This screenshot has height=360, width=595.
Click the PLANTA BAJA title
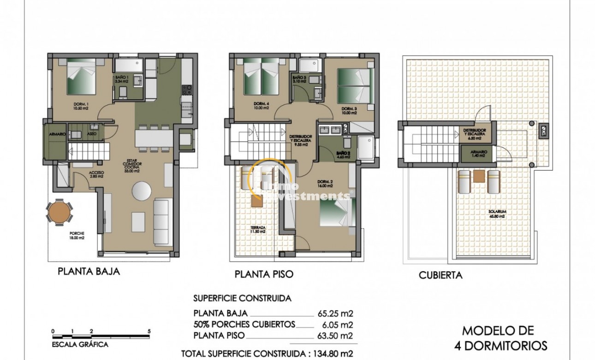(89, 271)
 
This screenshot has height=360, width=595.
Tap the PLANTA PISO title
(264, 274)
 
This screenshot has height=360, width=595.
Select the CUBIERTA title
(440, 276)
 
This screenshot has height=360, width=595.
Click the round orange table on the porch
(59, 212)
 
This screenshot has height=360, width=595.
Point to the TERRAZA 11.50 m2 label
(258, 229)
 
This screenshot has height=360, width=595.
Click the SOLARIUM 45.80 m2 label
(497, 215)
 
